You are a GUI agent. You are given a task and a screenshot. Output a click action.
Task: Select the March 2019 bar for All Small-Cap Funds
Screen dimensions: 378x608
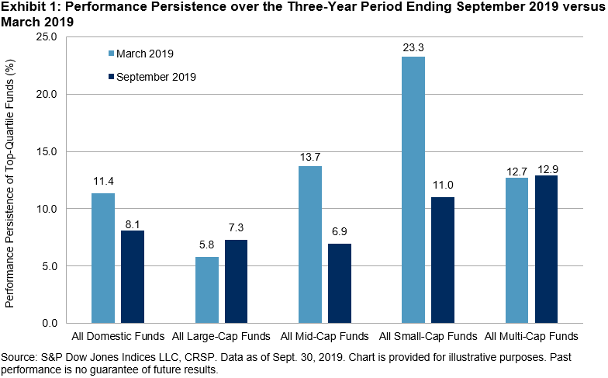[x=413, y=190]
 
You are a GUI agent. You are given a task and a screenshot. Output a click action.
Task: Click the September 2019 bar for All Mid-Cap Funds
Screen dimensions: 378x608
[x=340, y=283]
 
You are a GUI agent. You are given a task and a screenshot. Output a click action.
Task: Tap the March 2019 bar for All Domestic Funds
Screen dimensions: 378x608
[x=103, y=258]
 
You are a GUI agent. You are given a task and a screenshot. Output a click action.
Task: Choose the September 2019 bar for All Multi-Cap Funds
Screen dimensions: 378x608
[x=546, y=249]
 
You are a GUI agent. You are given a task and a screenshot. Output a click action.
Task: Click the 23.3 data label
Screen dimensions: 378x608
[x=413, y=48]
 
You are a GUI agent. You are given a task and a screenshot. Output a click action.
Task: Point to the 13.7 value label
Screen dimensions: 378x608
[x=310, y=158]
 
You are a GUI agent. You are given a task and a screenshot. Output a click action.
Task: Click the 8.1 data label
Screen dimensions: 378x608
[x=133, y=222]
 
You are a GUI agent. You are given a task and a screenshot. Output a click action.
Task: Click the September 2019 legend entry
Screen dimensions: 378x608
[x=150, y=77]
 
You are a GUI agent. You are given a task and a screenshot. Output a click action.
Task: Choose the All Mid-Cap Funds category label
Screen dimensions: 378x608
[x=325, y=336]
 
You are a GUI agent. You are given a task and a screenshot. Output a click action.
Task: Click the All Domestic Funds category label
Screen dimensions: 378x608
[x=118, y=336]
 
